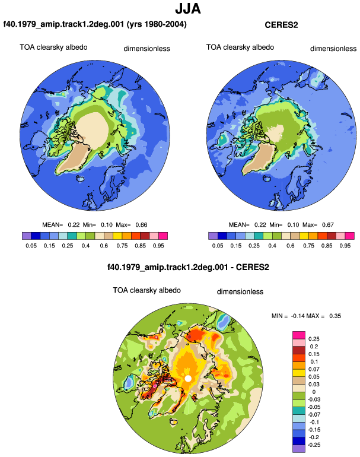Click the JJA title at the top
[x=188, y=8]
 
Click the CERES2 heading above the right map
[x=281, y=25]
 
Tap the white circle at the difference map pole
[x=188, y=378]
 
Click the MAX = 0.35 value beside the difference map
[x=324, y=316]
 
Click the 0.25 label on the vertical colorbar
[x=314, y=339]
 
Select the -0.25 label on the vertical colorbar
[x=314, y=445]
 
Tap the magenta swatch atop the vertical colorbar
[x=299, y=335]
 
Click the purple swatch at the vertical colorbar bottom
[x=299, y=449]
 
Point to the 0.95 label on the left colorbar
[x=158, y=246]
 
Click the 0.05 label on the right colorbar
[x=218, y=246]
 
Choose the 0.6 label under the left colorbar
[x=104, y=246]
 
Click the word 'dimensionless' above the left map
[x=147, y=49]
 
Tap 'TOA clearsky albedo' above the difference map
[x=147, y=290]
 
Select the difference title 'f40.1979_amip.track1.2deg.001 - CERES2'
[x=188, y=267]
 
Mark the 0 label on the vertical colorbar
[x=314, y=392]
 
